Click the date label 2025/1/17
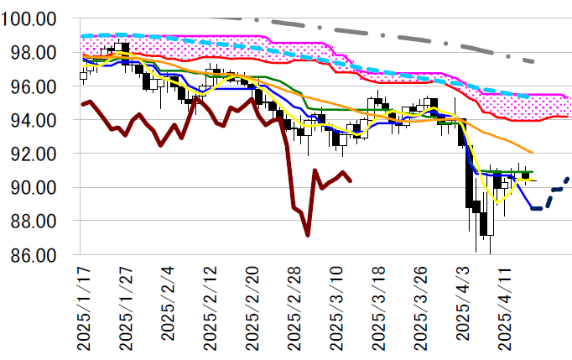point(83,306)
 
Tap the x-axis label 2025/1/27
point(125,306)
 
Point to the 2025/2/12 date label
point(209,306)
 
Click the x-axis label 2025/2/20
point(251,306)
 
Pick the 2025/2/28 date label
point(293,306)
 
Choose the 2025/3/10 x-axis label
point(335,306)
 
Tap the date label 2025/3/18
point(377,306)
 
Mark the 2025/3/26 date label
point(419,306)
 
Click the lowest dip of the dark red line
point(308,235)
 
